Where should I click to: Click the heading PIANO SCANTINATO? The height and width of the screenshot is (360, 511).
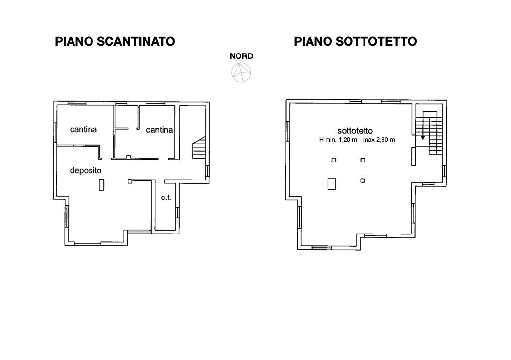click(x=115, y=42)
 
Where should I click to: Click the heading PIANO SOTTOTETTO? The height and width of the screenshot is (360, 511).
click(x=355, y=42)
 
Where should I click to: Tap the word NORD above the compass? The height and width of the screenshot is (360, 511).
click(x=241, y=56)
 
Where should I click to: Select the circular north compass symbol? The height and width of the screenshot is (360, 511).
click(x=241, y=72)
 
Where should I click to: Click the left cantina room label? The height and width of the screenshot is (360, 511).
click(x=83, y=130)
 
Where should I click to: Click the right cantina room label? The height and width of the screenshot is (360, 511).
click(x=159, y=130)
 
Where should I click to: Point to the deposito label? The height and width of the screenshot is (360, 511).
click(x=86, y=170)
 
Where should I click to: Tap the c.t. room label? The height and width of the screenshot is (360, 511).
click(x=166, y=198)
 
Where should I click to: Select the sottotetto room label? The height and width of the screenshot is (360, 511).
click(x=355, y=131)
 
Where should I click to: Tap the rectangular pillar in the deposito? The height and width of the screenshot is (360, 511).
click(x=101, y=185)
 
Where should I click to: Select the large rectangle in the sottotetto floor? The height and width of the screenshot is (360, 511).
click(x=332, y=183)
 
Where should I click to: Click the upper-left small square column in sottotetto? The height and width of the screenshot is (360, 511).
click(x=334, y=160)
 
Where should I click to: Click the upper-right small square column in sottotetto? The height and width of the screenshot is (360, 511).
click(x=363, y=160)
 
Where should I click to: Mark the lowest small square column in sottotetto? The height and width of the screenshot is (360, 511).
click(x=363, y=180)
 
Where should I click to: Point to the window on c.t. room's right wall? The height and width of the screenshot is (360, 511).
click(x=177, y=213)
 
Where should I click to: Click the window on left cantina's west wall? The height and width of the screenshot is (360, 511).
click(x=55, y=132)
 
